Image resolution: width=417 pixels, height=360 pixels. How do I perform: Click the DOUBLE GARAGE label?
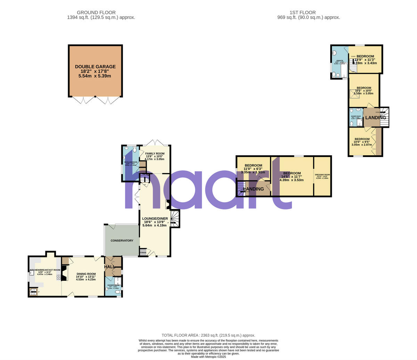coord(95,67)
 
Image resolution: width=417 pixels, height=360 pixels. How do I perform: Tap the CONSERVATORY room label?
coord(122,240)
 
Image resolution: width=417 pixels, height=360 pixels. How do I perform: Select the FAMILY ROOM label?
coord(155,154)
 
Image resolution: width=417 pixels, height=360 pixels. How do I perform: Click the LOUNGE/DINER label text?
coord(155,219)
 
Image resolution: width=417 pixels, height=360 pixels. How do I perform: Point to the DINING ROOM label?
coord(86,274)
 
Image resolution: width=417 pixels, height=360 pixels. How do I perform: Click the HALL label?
coord(110,267)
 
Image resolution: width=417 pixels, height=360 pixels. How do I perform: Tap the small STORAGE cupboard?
coord(143,252)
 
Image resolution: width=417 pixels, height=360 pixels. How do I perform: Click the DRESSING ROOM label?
coord(322,175)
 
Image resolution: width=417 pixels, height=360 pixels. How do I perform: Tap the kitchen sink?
coord(32,273)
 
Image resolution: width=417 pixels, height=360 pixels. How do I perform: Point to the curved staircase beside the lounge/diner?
coord(175,219)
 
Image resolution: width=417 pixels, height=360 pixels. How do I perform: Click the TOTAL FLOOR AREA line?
coord(208,335)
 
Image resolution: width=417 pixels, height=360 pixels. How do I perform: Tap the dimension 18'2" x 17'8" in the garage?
coord(95,71)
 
